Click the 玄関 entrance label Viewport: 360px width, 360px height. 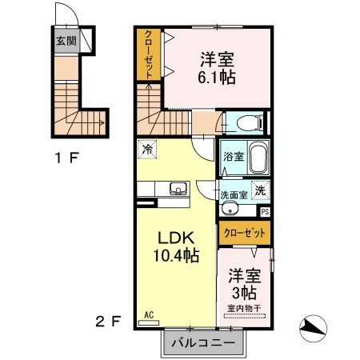point(66,40)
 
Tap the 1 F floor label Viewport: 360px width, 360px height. point(66,157)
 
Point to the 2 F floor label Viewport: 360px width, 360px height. point(109,322)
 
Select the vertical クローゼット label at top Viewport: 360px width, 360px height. point(148,54)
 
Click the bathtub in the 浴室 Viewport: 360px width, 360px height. point(258,158)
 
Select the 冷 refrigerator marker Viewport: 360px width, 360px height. point(147,148)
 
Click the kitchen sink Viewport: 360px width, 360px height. point(178,190)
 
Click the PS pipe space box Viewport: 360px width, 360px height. point(266,211)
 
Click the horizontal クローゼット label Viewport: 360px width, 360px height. point(245,233)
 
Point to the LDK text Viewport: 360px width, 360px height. point(176,239)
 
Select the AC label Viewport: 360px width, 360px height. point(148,315)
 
